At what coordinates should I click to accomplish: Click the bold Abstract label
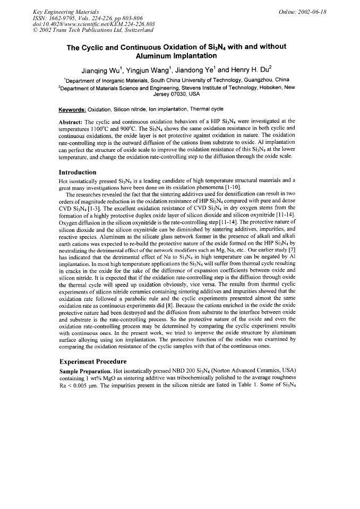pyautogui.click(x=72, y=122)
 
